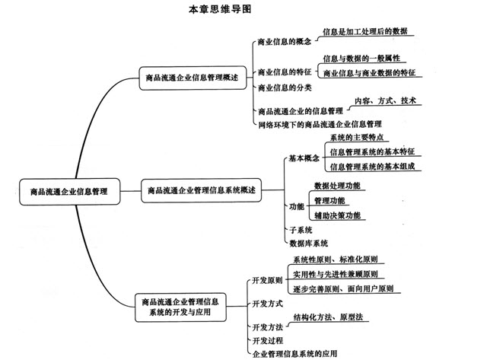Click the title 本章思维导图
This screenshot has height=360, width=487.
click(x=220, y=9)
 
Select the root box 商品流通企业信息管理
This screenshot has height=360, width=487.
click(x=69, y=191)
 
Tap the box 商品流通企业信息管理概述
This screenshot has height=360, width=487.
click(x=193, y=78)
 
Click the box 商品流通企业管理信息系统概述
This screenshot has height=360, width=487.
click(x=201, y=190)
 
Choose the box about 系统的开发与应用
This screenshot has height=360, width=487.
click(x=180, y=307)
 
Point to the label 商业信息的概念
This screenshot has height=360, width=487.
click(x=285, y=42)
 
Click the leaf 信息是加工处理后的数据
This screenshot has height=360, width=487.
click(x=365, y=31)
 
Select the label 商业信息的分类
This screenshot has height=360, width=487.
click(x=285, y=88)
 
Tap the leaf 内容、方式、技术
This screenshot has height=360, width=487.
click(x=385, y=100)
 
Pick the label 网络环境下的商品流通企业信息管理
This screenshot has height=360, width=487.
click(x=320, y=125)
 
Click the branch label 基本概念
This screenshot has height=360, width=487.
click(x=304, y=158)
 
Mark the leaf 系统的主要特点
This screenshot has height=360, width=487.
click(x=357, y=137)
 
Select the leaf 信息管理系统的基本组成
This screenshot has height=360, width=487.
click(x=372, y=167)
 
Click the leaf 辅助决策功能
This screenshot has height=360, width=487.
click(x=337, y=215)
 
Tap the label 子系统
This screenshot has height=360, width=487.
click(x=301, y=230)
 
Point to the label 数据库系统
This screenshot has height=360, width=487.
click(x=308, y=244)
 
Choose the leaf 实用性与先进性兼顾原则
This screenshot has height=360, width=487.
click(x=335, y=274)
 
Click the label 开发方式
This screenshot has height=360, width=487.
click(x=267, y=304)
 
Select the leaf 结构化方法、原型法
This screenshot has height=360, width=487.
click(x=328, y=317)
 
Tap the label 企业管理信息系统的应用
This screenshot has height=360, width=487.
click(x=294, y=353)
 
